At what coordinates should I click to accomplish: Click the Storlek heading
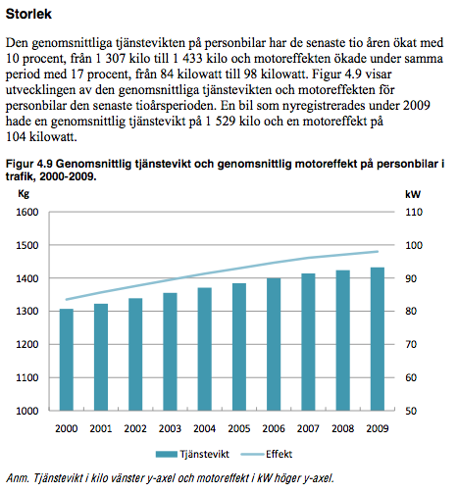(28, 14)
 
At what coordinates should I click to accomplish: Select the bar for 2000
(67, 360)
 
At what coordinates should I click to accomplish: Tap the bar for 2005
(239, 347)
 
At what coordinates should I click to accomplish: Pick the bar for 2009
(378, 339)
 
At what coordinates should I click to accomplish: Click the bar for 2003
(170, 352)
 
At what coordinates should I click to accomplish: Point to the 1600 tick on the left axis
(27, 213)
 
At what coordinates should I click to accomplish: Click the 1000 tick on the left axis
(27, 411)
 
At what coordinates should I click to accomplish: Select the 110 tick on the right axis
(414, 213)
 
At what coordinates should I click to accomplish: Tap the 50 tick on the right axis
(411, 411)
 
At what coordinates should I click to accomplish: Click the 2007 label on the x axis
(308, 428)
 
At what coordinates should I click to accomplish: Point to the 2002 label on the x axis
(135, 428)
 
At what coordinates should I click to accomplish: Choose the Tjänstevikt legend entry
(192, 454)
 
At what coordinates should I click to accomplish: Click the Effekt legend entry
(267, 454)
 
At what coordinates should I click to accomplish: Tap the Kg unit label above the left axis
(24, 194)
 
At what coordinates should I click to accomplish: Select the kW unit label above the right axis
(413, 194)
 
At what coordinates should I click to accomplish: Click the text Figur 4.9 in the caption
(29, 164)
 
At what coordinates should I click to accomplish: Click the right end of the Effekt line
(378, 251)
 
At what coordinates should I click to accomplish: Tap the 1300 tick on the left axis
(27, 312)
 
